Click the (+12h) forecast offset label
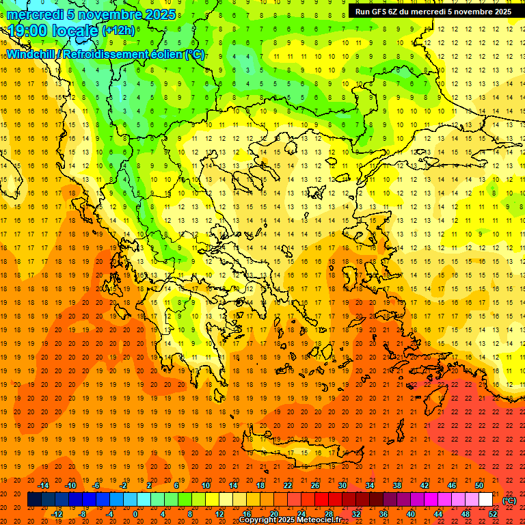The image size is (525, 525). point(118,31)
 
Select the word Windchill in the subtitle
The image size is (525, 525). point(31,54)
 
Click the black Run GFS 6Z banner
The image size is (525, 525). point(432,12)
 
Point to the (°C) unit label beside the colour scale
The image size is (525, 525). point(509,500)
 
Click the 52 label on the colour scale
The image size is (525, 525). point(493,514)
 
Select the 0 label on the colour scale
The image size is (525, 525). point(135,514)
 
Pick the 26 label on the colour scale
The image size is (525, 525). point(315,485)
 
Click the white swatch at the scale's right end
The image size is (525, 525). point(485,500)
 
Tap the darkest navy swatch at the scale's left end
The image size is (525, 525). point(34,500)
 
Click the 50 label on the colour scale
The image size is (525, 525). point(479,485)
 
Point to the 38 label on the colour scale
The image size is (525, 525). point(397,485)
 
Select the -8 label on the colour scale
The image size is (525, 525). point(83,514)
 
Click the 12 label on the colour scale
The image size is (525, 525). point(219,514)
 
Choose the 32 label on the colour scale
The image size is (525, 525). point(356,514)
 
